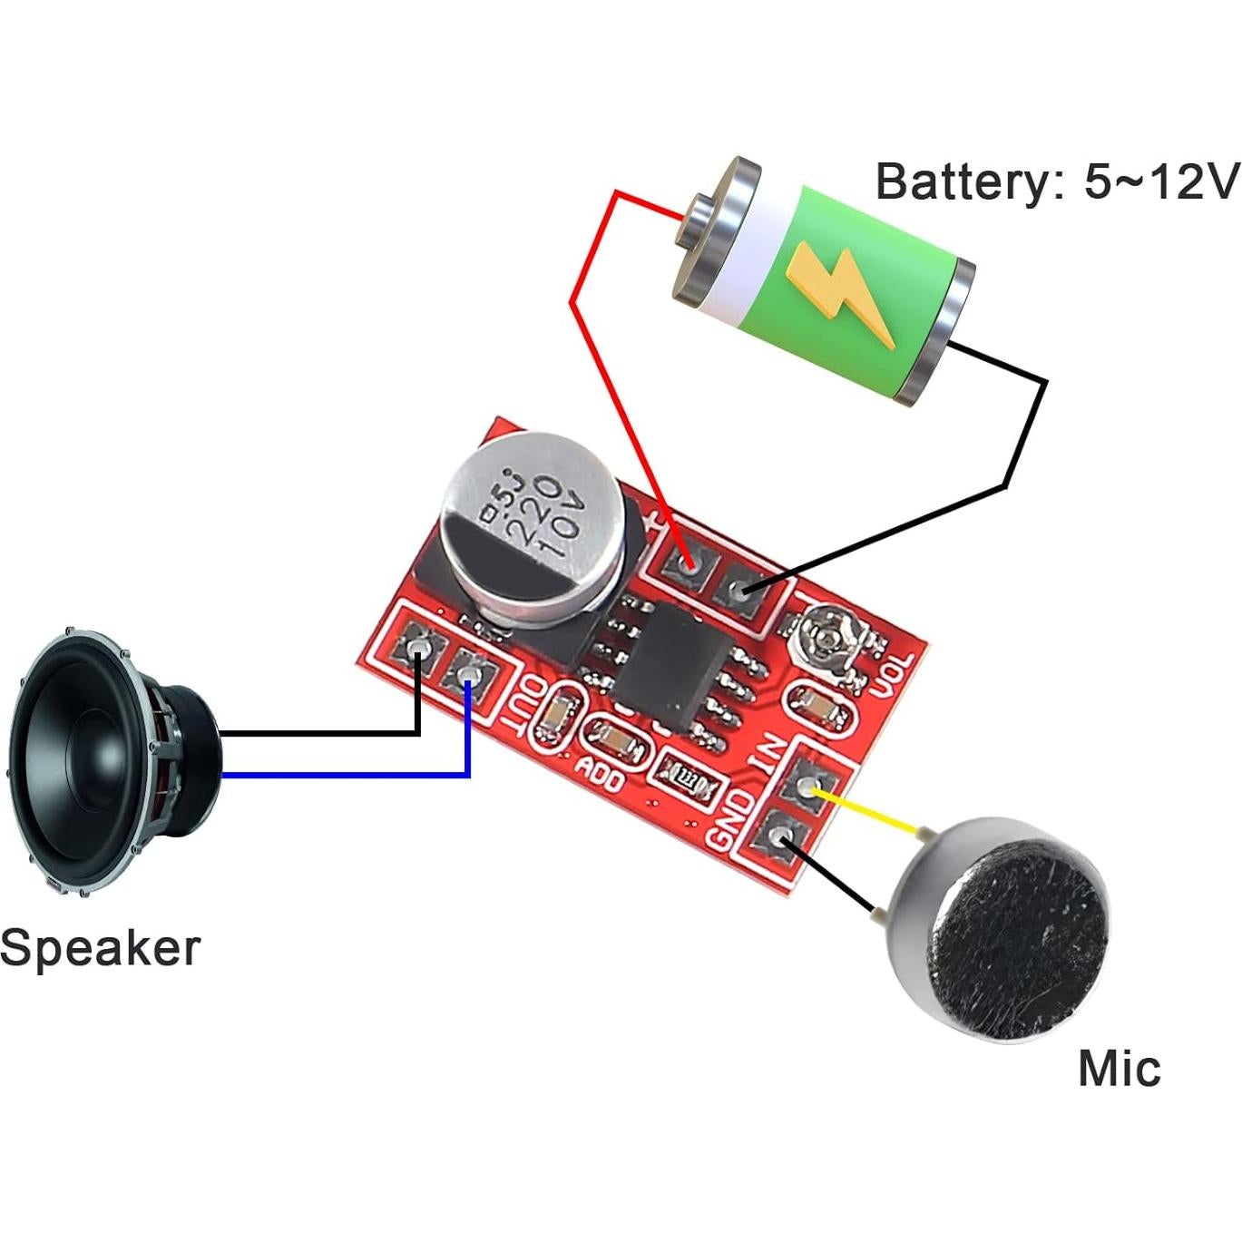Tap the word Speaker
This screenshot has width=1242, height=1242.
pos(100,949)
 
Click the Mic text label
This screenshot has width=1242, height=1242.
pos(1119,1068)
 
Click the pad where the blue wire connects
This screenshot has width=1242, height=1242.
pos(468,674)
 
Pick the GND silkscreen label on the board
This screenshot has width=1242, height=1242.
pos(733,821)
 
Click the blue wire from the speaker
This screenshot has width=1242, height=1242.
pos(345,775)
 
